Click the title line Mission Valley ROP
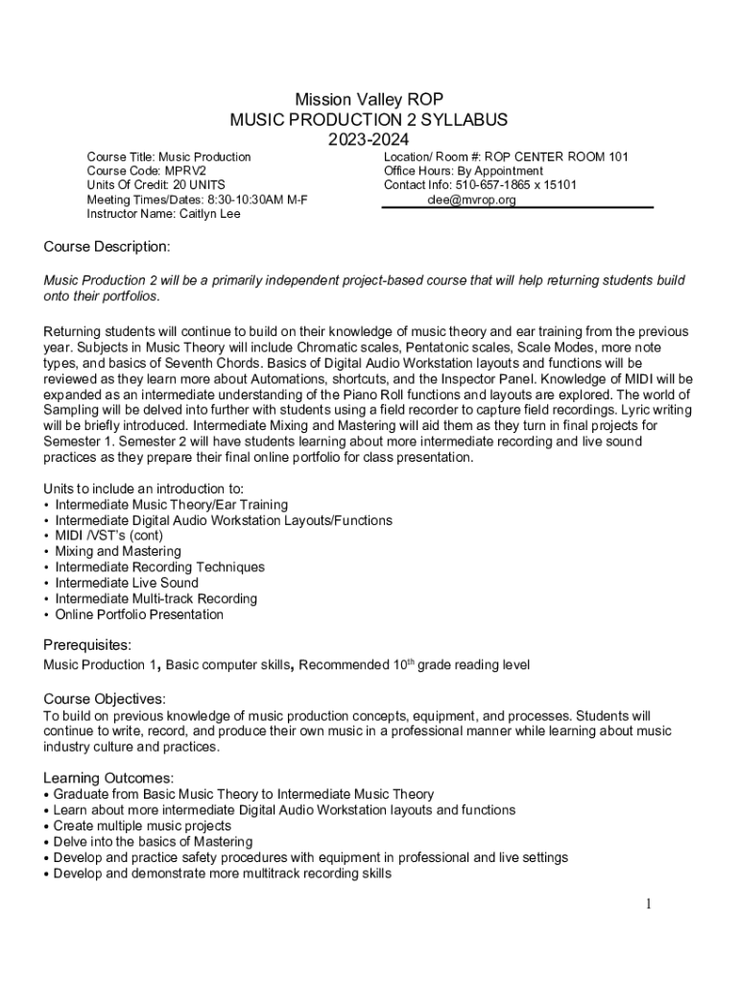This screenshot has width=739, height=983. click(x=369, y=99)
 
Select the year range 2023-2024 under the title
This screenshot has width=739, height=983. click(x=369, y=140)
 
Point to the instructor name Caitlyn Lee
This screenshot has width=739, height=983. click(x=209, y=214)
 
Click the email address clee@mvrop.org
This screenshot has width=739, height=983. click(x=471, y=200)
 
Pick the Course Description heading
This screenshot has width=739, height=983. click(x=107, y=247)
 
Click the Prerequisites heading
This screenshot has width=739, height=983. click(x=87, y=644)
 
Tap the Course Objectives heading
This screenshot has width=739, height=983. click(x=105, y=699)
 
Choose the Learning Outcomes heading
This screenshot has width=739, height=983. click(x=108, y=778)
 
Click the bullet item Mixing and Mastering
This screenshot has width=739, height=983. click(x=117, y=551)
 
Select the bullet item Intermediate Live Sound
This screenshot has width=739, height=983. click(x=127, y=583)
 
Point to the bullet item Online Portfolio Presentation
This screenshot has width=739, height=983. click(x=139, y=614)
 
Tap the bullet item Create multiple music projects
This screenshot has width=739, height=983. click(x=142, y=826)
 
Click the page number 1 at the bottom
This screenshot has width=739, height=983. click(x=649, y=904)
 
